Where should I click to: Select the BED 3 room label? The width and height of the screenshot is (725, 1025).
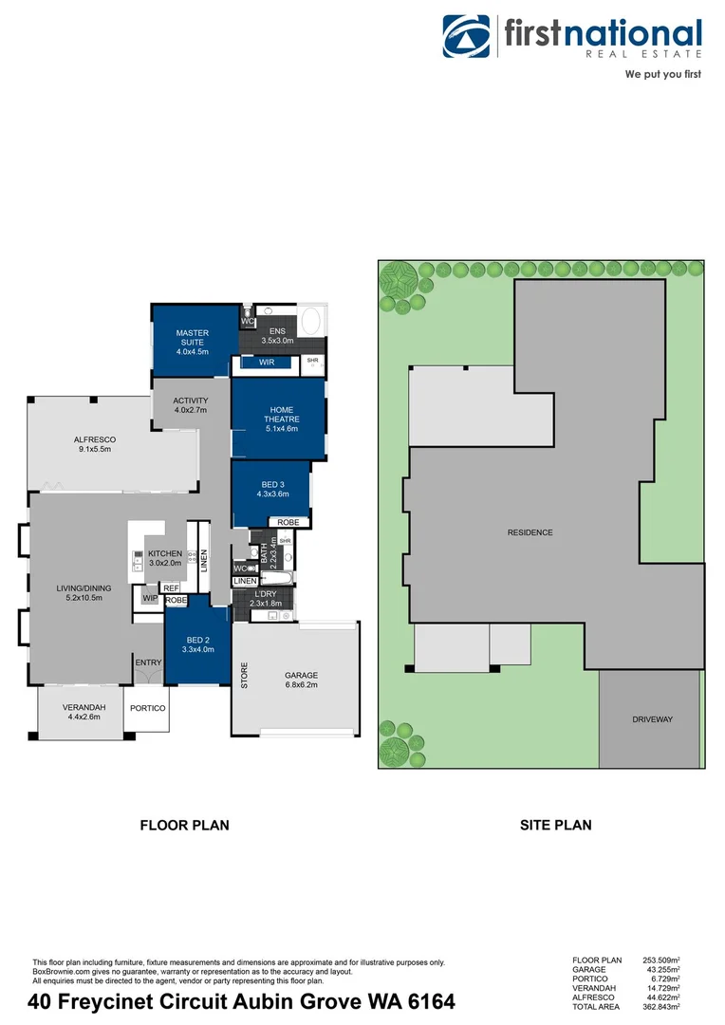(x=271, y=489)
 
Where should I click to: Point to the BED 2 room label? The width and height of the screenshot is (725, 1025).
(x=197, y=644)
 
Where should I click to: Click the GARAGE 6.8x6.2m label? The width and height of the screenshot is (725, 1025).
(x=302, y=680)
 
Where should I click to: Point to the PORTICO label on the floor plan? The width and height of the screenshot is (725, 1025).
(x=148, y=708)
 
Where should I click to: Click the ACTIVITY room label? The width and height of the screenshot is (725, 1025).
(x=190, y=405)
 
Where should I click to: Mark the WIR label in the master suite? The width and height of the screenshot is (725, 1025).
(x=268, y=362)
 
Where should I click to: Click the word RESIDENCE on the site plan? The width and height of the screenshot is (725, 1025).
(x=530, y=532)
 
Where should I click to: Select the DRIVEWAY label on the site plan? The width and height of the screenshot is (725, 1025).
(x=652, y=719)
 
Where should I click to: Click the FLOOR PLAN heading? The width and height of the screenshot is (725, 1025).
(x=184, y=825)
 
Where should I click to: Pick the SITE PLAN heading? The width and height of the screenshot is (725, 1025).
(x=555, y=825)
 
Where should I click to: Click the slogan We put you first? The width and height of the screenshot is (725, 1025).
(x=662, y=74)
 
